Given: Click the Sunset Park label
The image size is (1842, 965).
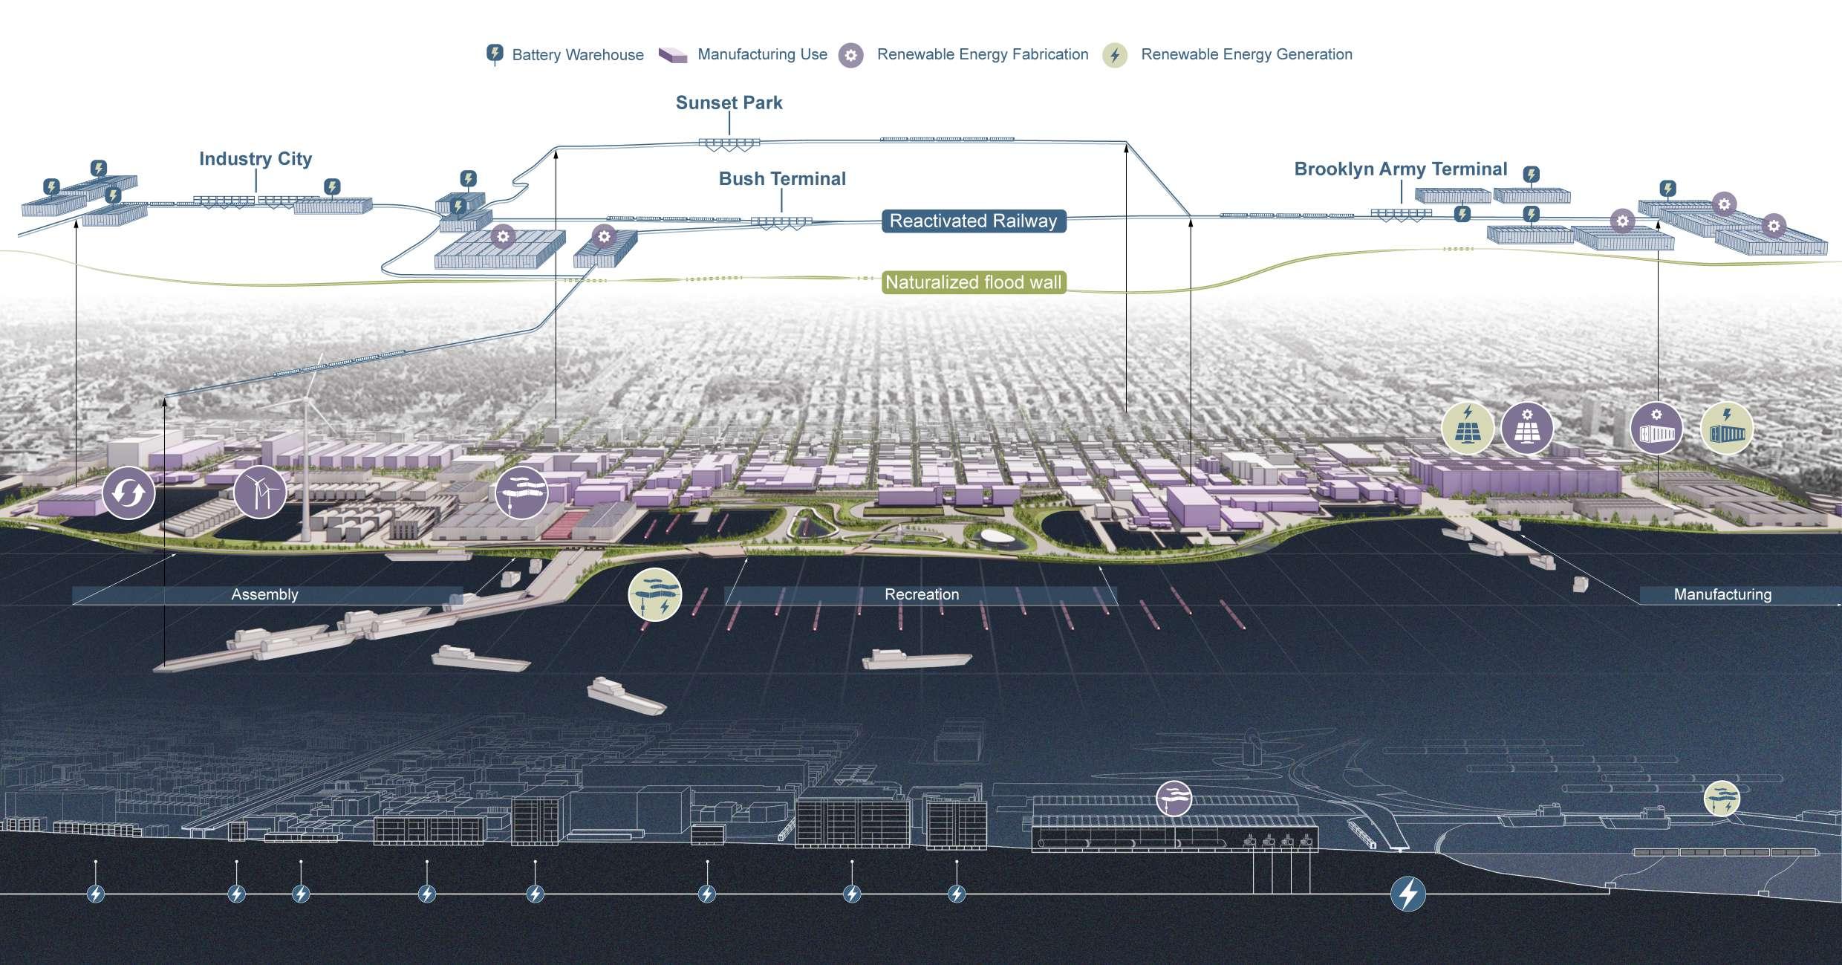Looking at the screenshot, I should tap(729, 103).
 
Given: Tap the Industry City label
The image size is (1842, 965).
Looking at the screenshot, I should tap(255, 159).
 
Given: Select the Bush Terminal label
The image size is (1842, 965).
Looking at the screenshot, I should tap(782, 179).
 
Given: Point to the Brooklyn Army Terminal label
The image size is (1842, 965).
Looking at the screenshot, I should tap(1400, 169).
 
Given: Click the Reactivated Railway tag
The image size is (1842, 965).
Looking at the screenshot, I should tap(973, 221).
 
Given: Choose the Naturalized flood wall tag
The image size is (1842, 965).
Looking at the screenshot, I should tap(973, 283).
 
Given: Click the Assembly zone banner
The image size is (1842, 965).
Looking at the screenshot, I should tap(265, 594).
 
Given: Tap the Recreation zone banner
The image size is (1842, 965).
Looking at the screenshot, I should tap(921, 594).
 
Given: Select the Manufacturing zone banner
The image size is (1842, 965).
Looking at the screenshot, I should tap(1722, 594).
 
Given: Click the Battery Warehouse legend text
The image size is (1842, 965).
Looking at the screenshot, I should tap(577, 55).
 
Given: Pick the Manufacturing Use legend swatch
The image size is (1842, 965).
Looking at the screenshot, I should tap(673, 55).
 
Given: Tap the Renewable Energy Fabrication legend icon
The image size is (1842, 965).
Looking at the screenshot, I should tap(851, 55).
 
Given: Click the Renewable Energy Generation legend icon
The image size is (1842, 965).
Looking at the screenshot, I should tap(1115, 55).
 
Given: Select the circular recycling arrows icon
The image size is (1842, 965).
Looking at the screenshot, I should tap(128, 493).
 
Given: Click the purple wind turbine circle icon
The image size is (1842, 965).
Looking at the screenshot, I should tap(260, 492).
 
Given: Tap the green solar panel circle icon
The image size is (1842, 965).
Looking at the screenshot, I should tap(1468, 428).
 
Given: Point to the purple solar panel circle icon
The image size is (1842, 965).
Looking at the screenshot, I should tap(1527, 428).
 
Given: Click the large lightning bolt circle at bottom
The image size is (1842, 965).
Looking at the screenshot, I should tap(1407, 894).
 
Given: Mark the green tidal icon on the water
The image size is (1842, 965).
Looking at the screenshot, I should tap(654, 594).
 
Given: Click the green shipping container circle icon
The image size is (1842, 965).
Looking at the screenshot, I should tap(1727, 429).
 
